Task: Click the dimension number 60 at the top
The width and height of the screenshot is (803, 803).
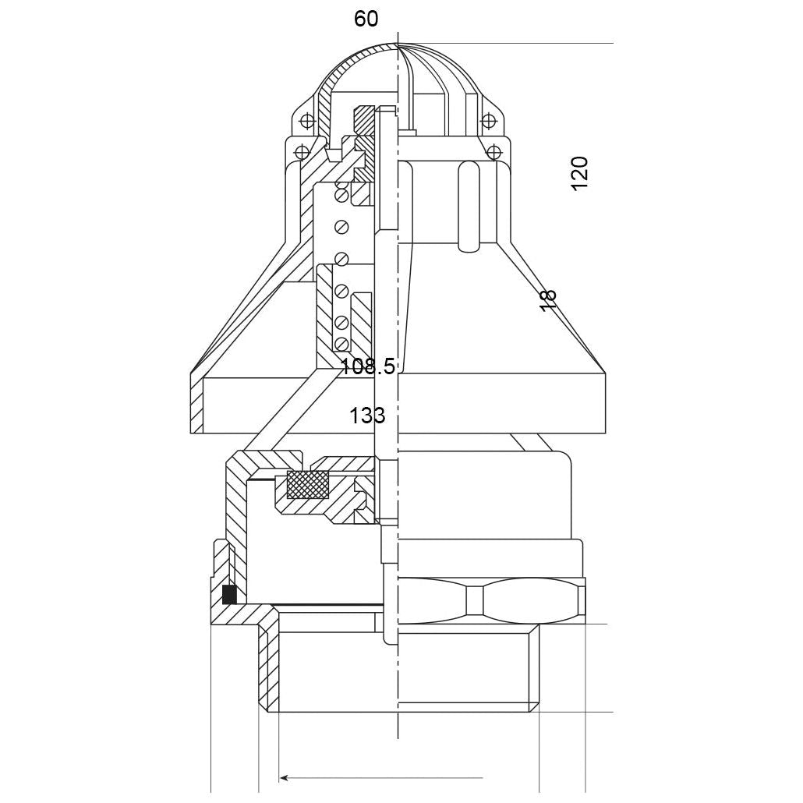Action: pyautogui.click(x=366, y=19)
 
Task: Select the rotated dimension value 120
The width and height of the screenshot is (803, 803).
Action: pyautogui.click(x=580, y=174)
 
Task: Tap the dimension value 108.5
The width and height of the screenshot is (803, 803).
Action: pyautogui.click(x=368, y=366)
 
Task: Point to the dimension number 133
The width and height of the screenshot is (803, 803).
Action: pyautogui.click(x=367, y=416)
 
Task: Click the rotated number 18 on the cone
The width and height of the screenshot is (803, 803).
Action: pyautogui.click(x=547, y=299)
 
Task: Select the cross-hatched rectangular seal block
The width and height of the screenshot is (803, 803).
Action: pyautogui.click(x=307, y=484)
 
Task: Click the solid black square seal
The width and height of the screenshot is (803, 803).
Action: pyautogui.click(x=229, y=594)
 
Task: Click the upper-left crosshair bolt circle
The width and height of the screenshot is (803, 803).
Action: pyautogui.click(x=306, y=121)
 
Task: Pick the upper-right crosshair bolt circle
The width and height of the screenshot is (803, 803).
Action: pyautogui.click(x=489, y=120)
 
